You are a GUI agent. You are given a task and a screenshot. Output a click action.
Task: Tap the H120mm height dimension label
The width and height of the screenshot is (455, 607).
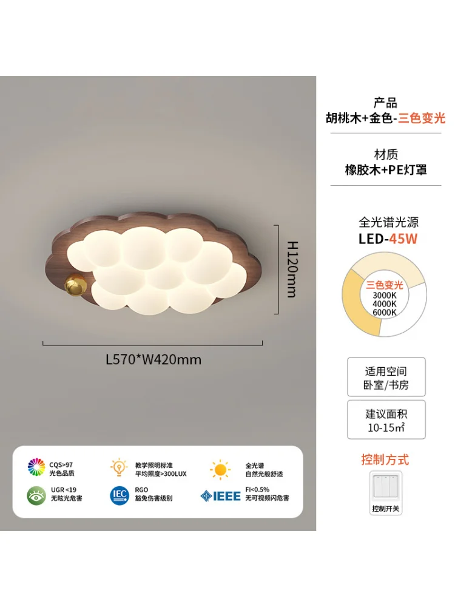coord(292,269)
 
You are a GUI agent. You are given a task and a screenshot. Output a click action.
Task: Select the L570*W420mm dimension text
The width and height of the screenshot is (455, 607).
coord(153,359)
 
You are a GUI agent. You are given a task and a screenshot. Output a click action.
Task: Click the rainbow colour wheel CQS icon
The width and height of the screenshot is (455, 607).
coord(36,467)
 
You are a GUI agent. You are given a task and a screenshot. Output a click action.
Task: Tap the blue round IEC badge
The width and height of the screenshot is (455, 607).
coord(120,495)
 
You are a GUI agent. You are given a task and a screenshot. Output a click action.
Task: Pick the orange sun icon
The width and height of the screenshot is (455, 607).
coord(220,469)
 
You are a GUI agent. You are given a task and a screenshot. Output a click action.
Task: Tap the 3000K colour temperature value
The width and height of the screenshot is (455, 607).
coord(384,295)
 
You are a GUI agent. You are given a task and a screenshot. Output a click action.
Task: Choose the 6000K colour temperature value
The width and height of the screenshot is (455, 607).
coord(384,313)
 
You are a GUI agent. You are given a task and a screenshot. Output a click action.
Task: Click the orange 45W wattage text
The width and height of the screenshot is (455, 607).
coord(403,239)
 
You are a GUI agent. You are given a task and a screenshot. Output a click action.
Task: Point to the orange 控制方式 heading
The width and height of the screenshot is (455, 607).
coord(385,459)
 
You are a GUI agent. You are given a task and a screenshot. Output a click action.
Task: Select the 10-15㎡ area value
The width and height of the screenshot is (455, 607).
coord(386,427)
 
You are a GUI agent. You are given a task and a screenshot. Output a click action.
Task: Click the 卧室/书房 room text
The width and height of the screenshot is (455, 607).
coord(386,385)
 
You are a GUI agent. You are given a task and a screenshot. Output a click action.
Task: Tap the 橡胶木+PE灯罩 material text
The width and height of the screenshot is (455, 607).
coord(386,169)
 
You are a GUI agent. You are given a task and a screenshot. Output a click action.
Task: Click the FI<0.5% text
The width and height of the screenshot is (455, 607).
coord(258,489)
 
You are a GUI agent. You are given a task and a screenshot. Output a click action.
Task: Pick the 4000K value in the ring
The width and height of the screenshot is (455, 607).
coord(384,304)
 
